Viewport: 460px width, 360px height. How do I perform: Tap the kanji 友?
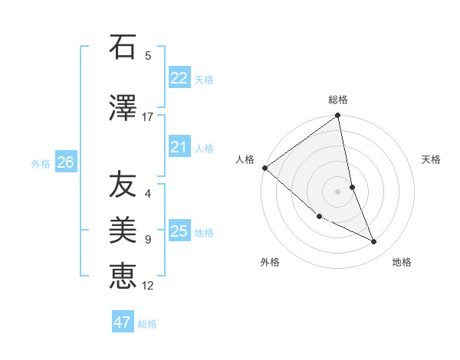point(123,184)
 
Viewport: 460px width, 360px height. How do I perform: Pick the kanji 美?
point(123,230)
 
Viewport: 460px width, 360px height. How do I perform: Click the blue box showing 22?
point(179,78)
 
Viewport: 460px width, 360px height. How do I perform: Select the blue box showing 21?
point(179,147)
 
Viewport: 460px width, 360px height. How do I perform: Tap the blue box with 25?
point(179,231)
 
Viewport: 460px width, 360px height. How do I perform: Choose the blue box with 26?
point(66,162)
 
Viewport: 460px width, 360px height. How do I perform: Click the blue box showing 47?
point(123,322)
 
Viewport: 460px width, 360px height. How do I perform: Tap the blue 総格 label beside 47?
point(147,324)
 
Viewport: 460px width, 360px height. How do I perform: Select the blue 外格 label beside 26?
point(41,163)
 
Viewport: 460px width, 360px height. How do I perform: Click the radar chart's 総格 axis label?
point(338,100)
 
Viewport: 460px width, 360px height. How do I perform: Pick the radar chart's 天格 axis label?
point(432,159)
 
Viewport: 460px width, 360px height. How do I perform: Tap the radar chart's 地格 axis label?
point(402,263)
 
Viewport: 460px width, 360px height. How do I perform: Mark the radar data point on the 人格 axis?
point(264,168)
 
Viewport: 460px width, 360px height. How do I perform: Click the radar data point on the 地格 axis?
point(374,242)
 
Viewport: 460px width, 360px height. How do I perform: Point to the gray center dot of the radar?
point(338,191)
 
